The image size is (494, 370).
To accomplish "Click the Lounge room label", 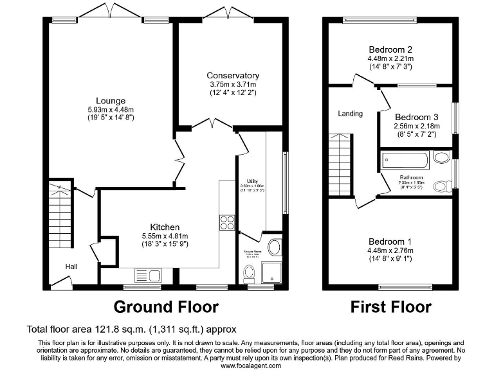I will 111,101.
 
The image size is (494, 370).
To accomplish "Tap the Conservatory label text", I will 233,76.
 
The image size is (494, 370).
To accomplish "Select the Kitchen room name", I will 165,227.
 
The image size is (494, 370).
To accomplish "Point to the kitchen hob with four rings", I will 227,222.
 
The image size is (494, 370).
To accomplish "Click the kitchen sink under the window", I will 148,276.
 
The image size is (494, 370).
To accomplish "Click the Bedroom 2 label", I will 390,49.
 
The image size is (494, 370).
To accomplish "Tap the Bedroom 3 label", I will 416,117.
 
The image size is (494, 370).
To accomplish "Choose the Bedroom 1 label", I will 390,242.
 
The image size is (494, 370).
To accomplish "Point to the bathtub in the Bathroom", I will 405,160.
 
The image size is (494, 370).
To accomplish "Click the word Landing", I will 351,114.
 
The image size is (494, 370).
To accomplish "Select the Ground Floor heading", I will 166,306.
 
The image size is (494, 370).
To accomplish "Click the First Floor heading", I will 390,306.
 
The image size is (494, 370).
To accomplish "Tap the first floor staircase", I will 339,165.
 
